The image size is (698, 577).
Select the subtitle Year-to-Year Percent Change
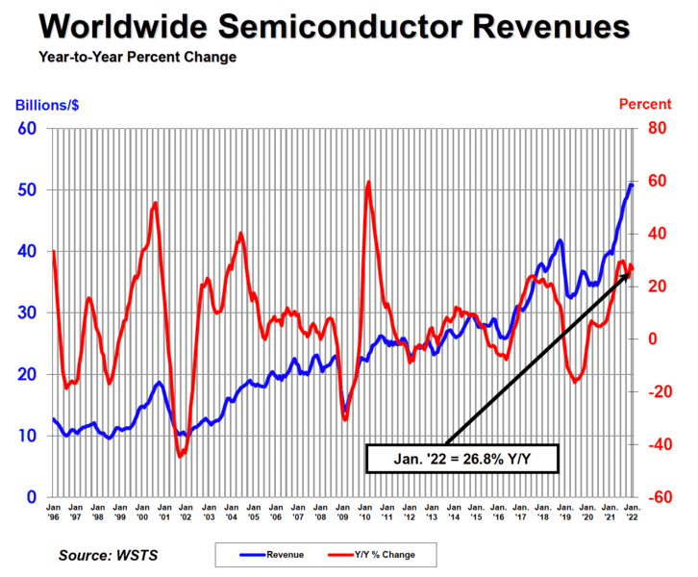(x=137, y=58)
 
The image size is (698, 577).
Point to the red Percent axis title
(x=645, y=104)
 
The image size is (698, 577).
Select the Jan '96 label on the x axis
(x=54, y=510)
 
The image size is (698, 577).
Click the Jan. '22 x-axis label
(x=632, y=510)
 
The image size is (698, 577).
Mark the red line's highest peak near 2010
(x=368, y=182)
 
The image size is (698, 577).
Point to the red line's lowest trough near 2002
(x=179, y=456)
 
